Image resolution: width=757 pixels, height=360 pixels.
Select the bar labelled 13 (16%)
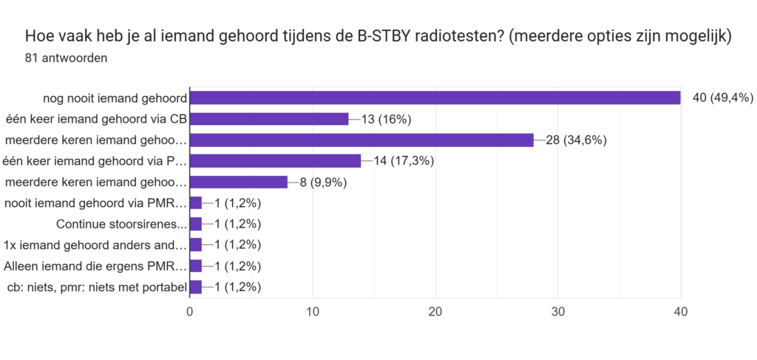269,119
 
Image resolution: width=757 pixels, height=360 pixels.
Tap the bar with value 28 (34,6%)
361,140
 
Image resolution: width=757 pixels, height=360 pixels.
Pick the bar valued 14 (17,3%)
275,160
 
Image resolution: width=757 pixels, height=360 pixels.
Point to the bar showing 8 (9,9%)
238,182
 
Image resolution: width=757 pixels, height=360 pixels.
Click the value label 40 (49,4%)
722,98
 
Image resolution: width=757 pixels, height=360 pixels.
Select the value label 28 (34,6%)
577,140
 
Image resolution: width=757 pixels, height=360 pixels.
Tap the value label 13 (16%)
387,119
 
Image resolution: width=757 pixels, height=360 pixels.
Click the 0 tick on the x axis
190,312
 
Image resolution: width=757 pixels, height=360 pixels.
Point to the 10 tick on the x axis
313,312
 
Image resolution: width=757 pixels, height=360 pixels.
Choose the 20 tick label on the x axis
435,312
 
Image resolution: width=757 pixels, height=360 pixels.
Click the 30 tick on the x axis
558,312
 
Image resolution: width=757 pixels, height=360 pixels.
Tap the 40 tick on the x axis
681,312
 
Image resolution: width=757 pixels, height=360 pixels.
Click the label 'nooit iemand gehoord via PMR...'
95,203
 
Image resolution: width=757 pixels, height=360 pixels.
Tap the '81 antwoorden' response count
66,58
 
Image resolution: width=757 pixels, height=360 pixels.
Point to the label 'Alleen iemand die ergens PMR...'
95,266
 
